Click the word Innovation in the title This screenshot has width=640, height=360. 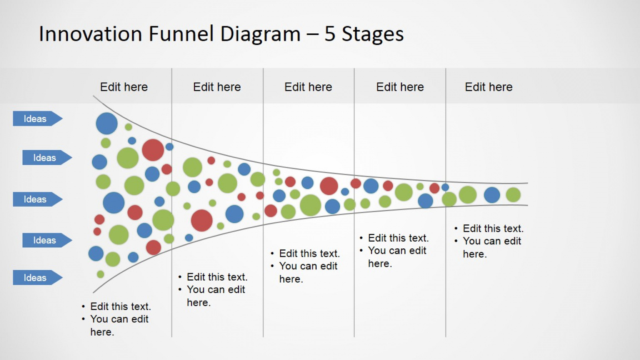[x=91, y=34]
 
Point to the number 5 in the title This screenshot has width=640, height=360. [x=331, y=34]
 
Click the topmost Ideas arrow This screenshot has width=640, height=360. [x=37, y=118]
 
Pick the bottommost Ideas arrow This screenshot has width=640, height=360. [x=37, y=278]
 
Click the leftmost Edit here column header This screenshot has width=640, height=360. [x=124, y=87]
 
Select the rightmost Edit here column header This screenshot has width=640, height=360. [x=489, y=87]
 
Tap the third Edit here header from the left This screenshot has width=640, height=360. [x=308, y=87]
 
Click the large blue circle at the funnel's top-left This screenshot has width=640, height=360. [x=107, y=123]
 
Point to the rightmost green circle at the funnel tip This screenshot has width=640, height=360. [x=513, y=195]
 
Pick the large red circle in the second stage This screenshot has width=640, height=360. [x=202, y=221]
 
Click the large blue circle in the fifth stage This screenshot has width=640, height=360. [x=492, y=195]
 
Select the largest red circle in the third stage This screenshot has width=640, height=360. [x=329, y=186]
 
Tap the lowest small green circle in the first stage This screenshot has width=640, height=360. [x=101, y=274]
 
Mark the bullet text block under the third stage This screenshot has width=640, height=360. [x=308, y=266]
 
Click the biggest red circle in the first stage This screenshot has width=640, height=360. [x=153, y=150]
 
